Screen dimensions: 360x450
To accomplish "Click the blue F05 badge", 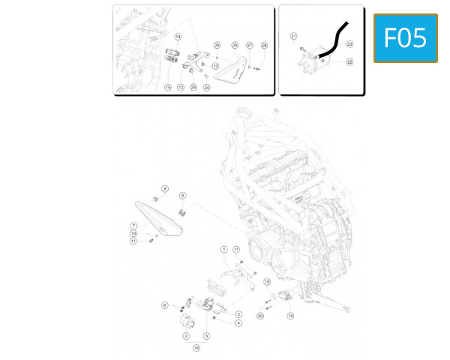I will coord(405,37).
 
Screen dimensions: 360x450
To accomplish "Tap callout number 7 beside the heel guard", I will coord(133,225).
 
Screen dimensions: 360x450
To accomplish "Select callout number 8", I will coord(165,188).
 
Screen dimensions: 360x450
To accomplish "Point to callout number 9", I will coord(182,196).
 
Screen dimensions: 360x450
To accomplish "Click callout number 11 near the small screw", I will coord(133,241).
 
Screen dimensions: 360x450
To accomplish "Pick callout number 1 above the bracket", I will coord(223,249).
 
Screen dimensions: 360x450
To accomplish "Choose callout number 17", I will coord(236,249).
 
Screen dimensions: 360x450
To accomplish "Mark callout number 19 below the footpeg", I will coord(290,316).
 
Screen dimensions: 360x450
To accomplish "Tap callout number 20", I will coord(260,316).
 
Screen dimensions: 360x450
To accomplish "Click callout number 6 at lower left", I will coord(164,305).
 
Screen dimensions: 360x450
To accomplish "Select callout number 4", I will coord(238,323).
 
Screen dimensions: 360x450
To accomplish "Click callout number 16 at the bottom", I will coord(196,348).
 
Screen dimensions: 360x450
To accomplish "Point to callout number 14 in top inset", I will coord(178,36).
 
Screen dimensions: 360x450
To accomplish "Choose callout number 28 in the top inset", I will coord(264,46).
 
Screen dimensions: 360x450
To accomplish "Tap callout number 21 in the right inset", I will coord(293,36).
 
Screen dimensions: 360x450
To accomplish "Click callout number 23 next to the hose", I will coord(349,44).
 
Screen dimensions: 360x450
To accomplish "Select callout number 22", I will coord(349,62).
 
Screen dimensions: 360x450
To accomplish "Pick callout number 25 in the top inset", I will coord(235,46).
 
